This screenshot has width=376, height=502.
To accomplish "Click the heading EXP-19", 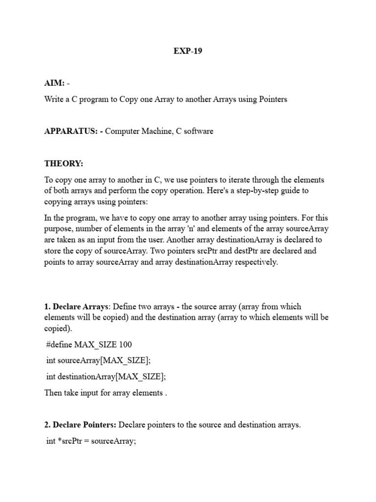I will [188, 51].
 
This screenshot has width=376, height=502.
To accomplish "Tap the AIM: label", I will [54, 84].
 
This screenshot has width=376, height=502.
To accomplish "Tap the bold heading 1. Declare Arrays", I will [76, 306].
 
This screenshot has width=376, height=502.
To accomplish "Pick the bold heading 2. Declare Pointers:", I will [80, 425].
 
